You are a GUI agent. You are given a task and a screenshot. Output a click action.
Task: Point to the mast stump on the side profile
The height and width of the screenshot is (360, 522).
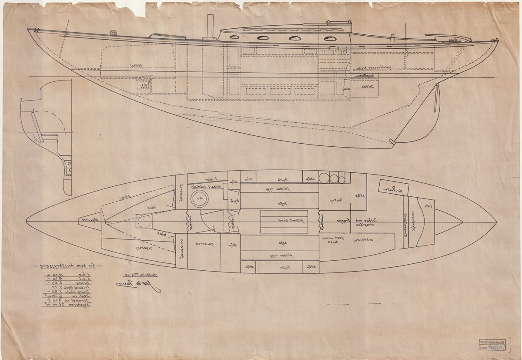[210, 27]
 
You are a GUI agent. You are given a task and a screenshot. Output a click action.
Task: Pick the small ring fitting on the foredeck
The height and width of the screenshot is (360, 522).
[114, 33]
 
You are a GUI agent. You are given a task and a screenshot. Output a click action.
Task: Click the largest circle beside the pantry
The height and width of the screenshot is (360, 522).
[325, 178]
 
